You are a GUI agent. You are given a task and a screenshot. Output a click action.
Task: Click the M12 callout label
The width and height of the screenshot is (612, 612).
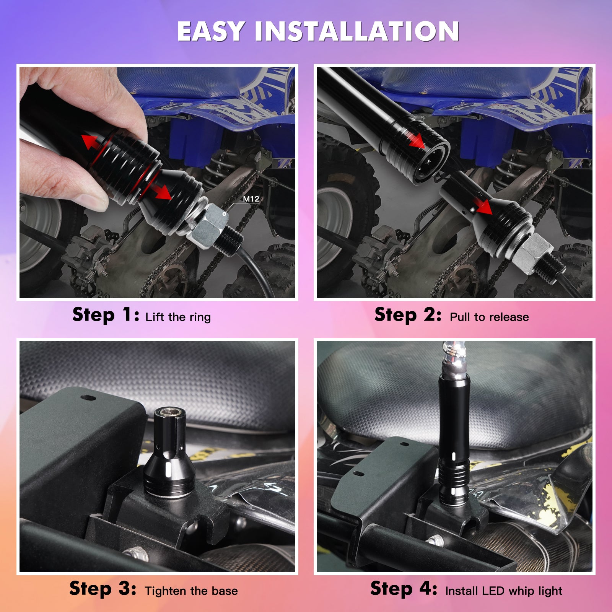pyautogui.click(x=251, y=199)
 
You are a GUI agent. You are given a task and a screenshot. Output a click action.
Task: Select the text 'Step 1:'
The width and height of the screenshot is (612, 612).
pyautogui.click(x=106, y=315)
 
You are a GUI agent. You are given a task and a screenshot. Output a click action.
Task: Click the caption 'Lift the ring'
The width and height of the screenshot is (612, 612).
pyautogui.click(x=178, y=317)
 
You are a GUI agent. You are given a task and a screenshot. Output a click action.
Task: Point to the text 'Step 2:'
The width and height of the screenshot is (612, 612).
pyautogui.click(x=408, y=315)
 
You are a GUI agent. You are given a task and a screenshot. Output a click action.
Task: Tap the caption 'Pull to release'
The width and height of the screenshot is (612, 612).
pyautogui.click(x=489, y=317)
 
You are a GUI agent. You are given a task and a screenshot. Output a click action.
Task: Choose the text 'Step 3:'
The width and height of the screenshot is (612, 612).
pyautogui.click(x=103, y=589)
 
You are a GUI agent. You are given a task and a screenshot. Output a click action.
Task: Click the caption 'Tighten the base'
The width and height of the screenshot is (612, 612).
pyautogui.click(x=191, y=591)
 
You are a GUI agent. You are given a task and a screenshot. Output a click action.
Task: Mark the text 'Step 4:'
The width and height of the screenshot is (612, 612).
pyautogui.click(x=404, y=589)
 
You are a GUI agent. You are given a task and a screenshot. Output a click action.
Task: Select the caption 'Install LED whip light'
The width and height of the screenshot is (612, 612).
pyautogui.click(x=504, y=591)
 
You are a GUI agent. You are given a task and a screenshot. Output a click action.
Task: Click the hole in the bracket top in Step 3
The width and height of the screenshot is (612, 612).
pyautogui.click(x=88, y=397)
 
